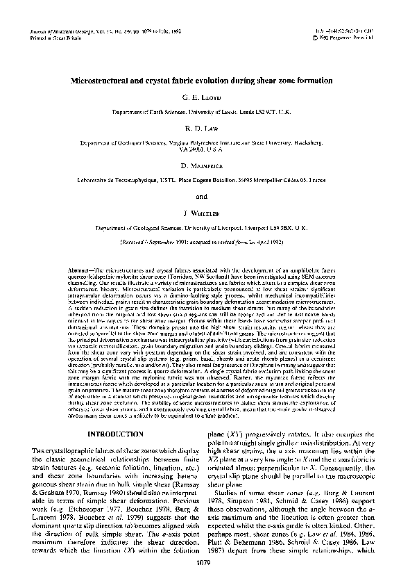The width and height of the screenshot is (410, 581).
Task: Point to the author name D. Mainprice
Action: pyautogui.click(x=205, y=167)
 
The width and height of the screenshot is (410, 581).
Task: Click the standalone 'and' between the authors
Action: pyautogui.click(x=205, y=196)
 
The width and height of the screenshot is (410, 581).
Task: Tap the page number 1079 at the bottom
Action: pyautogui.click(x=205, y=562)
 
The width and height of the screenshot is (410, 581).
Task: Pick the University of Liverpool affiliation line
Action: pyautogui.click(x=205, y=227)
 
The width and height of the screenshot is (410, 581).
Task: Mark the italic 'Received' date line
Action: pyautogui.click(x=205, y=244)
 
